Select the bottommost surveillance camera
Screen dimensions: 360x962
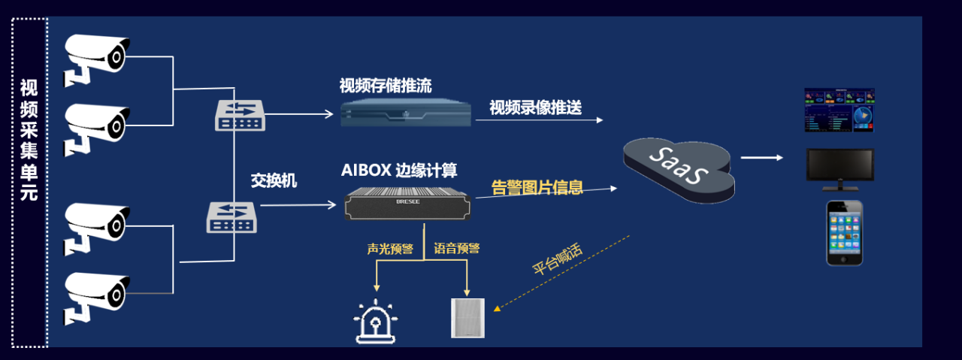[98, 292]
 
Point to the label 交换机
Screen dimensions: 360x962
[274, 181]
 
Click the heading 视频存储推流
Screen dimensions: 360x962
[386, 86]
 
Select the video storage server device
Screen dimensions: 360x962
[406, 113]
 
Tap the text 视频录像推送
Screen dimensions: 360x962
[535, 107]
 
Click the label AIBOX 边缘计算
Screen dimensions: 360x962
[399, 170]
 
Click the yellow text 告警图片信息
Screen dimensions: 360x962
[537, 187]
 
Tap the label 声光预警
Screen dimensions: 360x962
[390, 249]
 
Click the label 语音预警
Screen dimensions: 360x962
[457, 249]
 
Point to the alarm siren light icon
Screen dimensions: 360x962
[376, 322]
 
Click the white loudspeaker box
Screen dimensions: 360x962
[467, 317]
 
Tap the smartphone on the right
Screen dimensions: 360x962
[845, 233]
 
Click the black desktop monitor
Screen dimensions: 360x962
[839, 166]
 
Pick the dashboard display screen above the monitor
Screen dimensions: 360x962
[839, 110]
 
